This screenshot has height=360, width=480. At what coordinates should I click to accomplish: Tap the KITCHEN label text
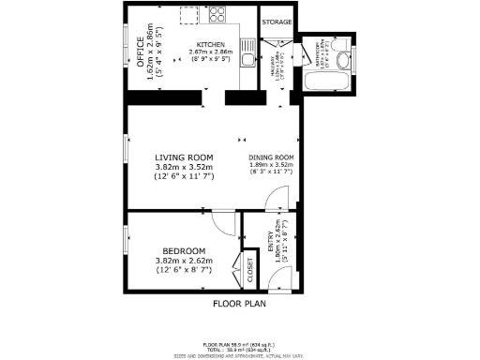click(210, 45)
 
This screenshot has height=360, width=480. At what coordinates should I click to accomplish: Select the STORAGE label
click(277, 21)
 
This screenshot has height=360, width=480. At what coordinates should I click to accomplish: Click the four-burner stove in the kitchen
click(219, 15)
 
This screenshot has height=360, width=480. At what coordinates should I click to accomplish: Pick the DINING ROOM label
click(272, 157)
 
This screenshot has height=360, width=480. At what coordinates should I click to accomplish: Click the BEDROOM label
click(184, 251)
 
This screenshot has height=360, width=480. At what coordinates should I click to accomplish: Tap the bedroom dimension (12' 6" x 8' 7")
click(184, 270)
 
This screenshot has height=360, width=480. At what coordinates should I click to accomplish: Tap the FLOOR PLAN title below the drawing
click(240, 304)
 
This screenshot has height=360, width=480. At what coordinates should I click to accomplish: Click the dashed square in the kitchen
click(188, 17)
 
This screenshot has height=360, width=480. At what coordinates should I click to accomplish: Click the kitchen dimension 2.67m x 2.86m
click(210, 52)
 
